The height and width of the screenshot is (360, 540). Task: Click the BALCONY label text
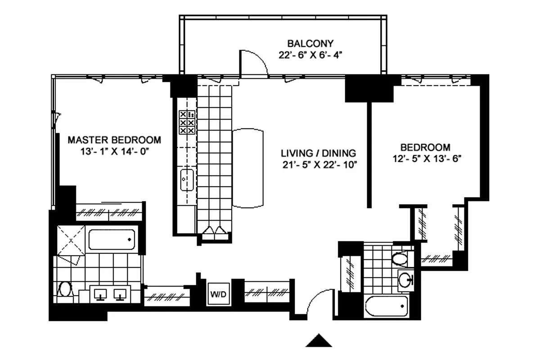pyautogui.click(x=310, y=44)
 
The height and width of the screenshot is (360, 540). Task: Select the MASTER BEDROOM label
pyautogui.click(x=114, y=140)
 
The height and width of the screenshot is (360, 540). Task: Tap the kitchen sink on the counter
pyautogui.click(x=186, y=179)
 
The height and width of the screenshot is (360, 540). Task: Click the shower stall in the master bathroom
pyautogui.click(x=70, y=240)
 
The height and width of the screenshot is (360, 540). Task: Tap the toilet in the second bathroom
pyautogui.click(x=399, y=259)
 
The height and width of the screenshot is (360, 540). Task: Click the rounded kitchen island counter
pyautogui.click(x=248, y=168)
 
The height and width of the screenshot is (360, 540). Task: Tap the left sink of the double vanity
pyautogui.click(x=99, y=294)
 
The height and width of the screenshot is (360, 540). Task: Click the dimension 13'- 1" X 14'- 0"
pyautogui.click(x=114, y=152)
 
